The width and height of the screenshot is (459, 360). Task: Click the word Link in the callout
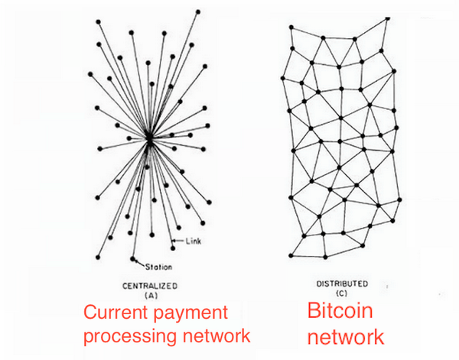[194, 242]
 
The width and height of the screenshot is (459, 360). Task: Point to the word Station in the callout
[158, 267]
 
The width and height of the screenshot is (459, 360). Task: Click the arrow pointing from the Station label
[138, 262]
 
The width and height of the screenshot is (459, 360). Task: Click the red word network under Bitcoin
[346, 336]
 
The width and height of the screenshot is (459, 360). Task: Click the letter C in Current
[88, 313]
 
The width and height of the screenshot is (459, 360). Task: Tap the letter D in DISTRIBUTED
[319, 284]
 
